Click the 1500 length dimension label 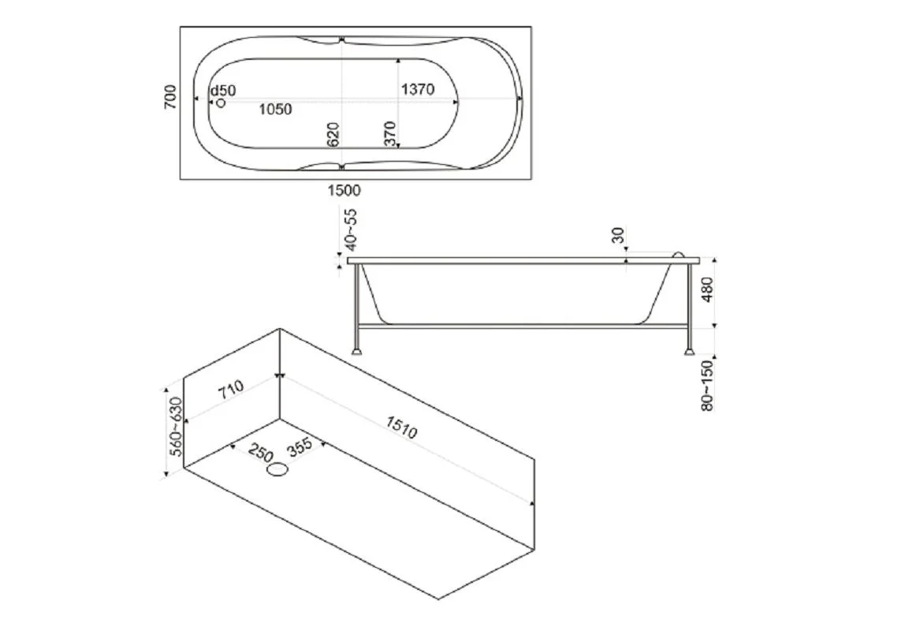pos(344,190)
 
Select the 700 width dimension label pos(170,98)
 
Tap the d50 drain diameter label pos(223,91)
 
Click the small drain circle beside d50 pos(221,103)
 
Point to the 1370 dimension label pos(418,89)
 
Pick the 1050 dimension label pos(275,110)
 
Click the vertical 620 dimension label pos(333,135)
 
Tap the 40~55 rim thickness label pos(351,230)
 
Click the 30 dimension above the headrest pos(618,235)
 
